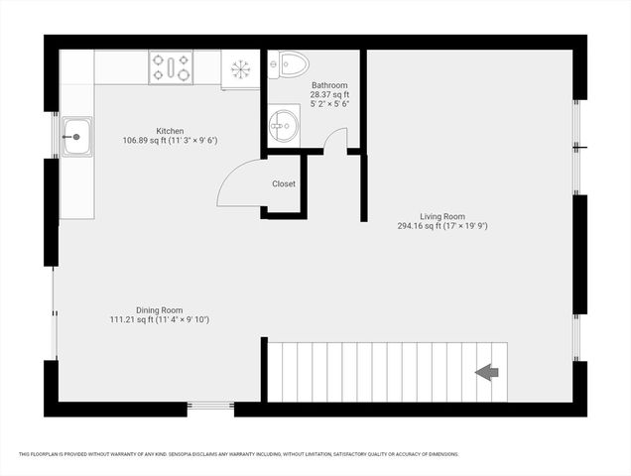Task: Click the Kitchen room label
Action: point(170,130)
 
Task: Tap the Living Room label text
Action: point(442,215)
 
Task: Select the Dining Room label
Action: point(159,309)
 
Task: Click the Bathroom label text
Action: point(328,85)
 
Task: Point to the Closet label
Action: point(284,183)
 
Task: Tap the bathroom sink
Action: point(283,124)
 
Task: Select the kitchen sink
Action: point(75,137)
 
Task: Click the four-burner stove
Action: point(171,67)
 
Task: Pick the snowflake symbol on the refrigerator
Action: point(240,68)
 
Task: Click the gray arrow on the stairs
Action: point(486,372)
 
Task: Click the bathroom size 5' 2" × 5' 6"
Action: point(328,103)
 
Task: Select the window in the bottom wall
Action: point(210,405)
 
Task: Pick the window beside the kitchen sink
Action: point(56,137)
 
